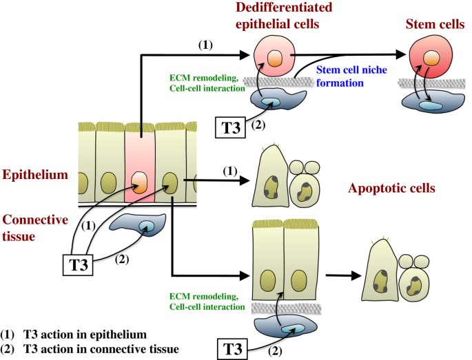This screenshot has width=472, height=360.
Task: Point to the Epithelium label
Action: (34, 176)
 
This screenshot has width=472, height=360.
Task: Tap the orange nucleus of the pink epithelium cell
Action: (140, 184)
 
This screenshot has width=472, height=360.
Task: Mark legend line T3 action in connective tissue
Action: (96, 349)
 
